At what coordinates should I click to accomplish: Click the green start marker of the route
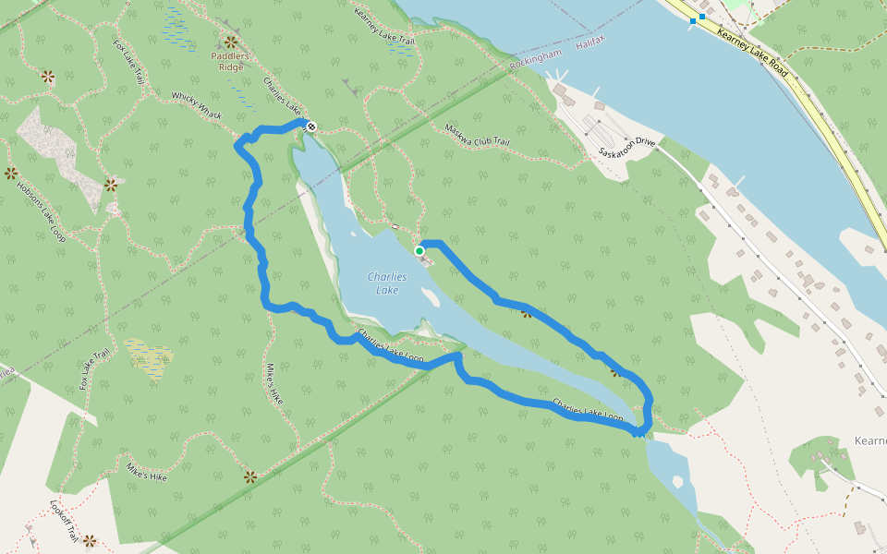tap(419, 250)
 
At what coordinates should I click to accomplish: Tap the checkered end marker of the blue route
tap(311, 126)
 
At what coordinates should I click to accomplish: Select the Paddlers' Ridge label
tap(230, 60)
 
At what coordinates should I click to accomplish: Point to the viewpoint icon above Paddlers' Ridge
tap(230, 42)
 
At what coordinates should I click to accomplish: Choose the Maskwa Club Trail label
tap(477, 135)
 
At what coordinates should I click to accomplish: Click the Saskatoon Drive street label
tap(626, 147)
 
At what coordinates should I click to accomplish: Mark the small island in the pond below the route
tap(679, 482)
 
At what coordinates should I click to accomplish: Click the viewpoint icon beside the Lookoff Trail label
tap(89, 540)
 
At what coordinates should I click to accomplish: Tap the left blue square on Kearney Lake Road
tap(693, 20)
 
